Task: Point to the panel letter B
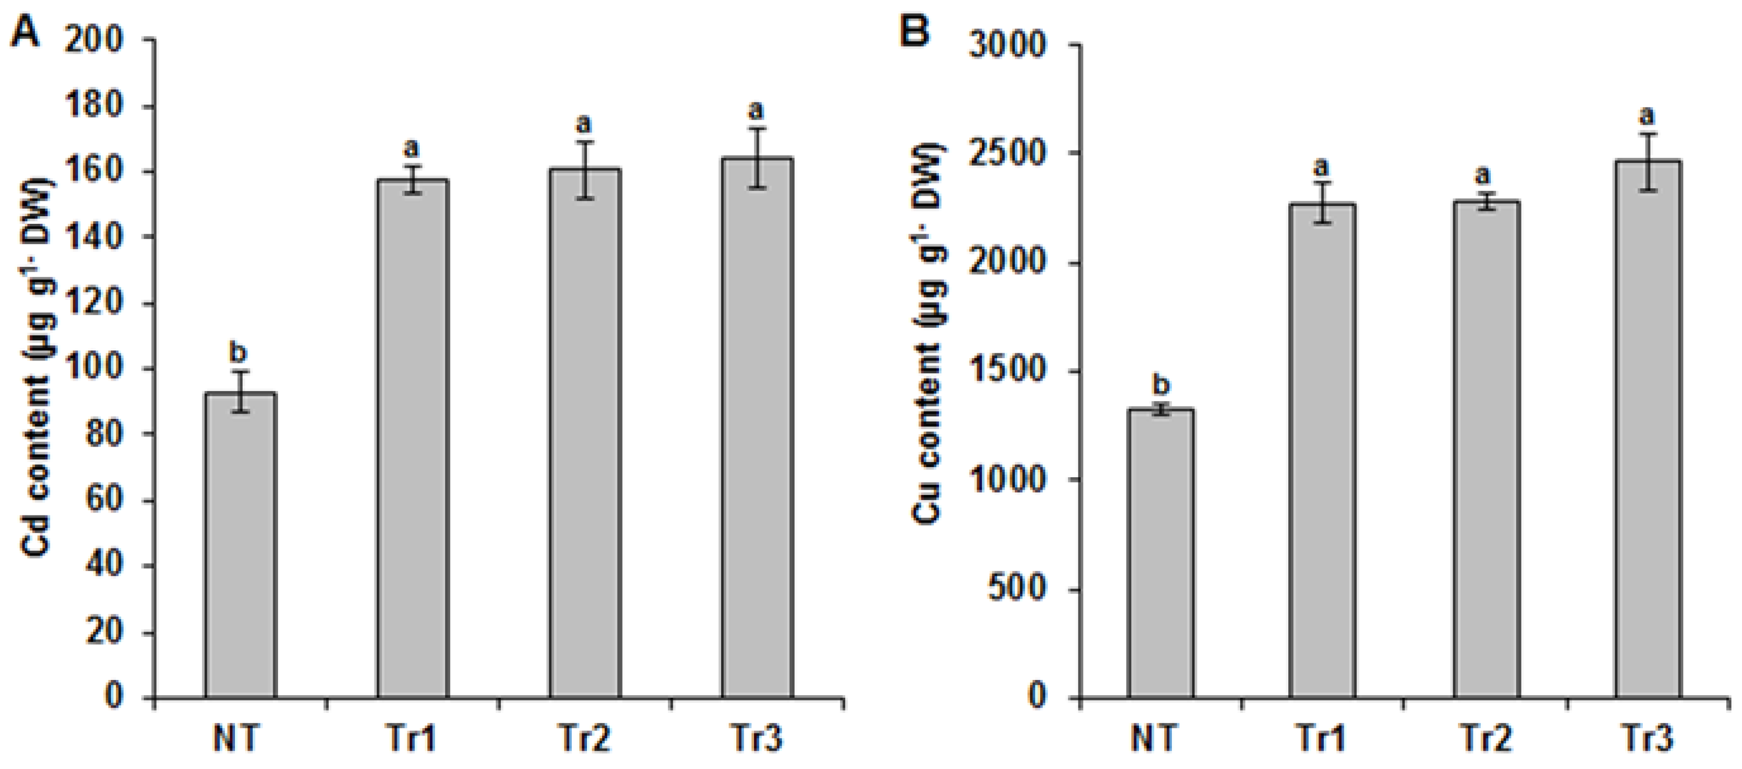point(916,32)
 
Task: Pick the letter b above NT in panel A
point(239,353)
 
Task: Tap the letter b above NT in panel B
point(1161,386)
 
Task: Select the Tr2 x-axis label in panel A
point(584,739)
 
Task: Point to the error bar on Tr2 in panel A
point(585,170)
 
